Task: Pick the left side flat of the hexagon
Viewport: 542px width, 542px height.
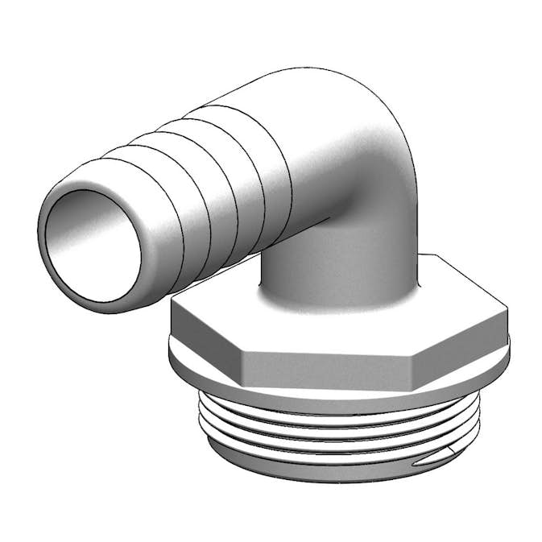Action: pyautogui.click(x=206, y=334)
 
